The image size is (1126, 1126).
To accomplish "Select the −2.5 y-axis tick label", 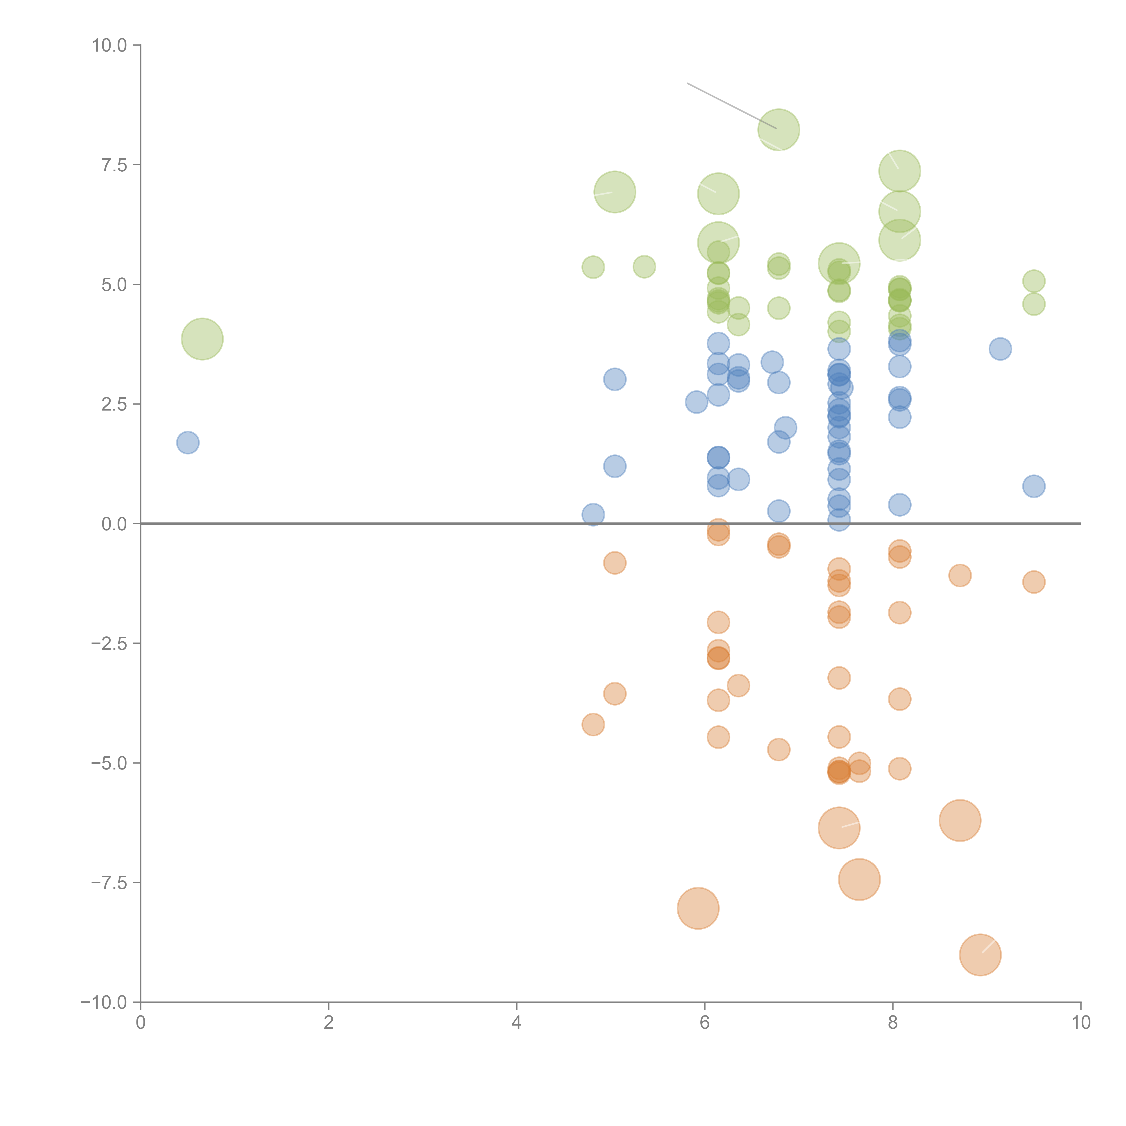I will tap(109, 643).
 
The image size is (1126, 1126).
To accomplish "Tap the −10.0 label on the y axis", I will tap(104, 1002).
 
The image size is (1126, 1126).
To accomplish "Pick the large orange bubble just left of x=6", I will tap(698, 908).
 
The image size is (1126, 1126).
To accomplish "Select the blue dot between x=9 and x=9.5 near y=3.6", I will tap(1000, 349).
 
